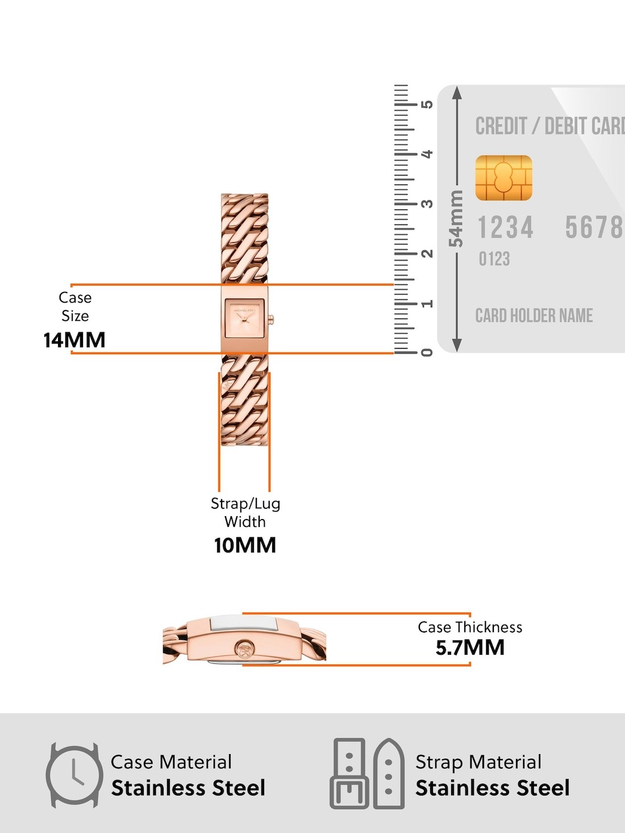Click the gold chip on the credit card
pos(503,178)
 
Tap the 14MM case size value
pos(74,340)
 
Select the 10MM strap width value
pos(245,545)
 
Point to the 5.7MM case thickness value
pos(470,647)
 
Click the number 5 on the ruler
pos(427,104)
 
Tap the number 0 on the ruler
pos(427,353)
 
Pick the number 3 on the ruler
pos(427,203)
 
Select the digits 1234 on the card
pos(505,228)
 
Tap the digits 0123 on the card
pos(494,259)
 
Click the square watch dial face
pos(244,318)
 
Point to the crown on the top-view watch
pos(271,320)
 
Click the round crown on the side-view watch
pos(244,650)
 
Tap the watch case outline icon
pos(74,775)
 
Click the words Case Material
pos(171,761)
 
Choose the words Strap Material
pos(478,761)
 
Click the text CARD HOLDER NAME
pos(534,315)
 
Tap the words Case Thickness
pos(470,627)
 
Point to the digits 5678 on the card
pos(594,228)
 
